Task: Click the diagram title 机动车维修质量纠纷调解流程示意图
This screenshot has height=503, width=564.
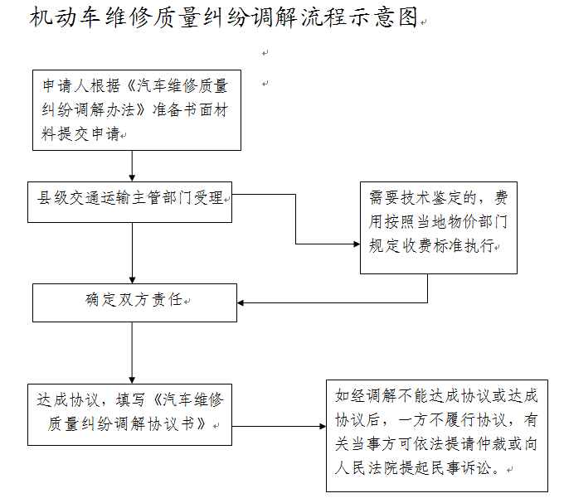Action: (224, 17)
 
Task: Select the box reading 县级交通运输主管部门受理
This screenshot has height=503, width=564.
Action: (130, 202)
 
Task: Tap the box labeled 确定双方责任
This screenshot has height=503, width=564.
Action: (135, 303)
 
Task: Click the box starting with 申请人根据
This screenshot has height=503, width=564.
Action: (137, 110)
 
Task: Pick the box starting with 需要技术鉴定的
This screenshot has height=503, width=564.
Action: (439, 228)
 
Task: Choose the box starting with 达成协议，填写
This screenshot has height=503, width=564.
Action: (130, 414)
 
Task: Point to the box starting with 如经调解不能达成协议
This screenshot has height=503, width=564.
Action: (437, 435)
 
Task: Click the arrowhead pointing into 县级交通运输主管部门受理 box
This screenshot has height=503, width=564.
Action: (132, 178)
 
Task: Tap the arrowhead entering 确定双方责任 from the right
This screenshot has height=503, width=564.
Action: (241, 303)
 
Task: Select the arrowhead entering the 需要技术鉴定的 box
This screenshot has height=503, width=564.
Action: (357, 244)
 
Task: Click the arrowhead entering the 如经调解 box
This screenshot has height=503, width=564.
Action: (323, 427)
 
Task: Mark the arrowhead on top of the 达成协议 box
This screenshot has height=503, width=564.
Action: (132, 380)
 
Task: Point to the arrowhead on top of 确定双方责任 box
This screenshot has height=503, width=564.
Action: (132, 280)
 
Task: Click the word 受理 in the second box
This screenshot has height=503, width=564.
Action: (209, 197)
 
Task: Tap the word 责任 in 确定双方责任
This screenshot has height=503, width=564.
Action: (167, 300)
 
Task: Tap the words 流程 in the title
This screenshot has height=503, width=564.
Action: (323, 17)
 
